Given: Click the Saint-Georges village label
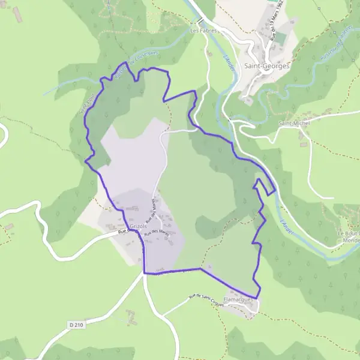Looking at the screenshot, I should [x=267, y=66].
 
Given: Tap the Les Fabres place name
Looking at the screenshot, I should [x=203, y=29].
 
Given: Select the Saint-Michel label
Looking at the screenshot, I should [x=294, y=123].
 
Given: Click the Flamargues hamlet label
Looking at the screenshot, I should [x=236, y=298].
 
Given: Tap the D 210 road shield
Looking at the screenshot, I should [x=76, y=325].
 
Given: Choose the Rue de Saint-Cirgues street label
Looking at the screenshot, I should [x=206, y=300].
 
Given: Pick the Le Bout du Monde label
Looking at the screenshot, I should [x=349, y=236].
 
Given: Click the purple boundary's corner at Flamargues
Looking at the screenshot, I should [x=257, y=298].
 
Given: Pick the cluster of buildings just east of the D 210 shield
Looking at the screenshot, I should [x=130, y=313].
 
